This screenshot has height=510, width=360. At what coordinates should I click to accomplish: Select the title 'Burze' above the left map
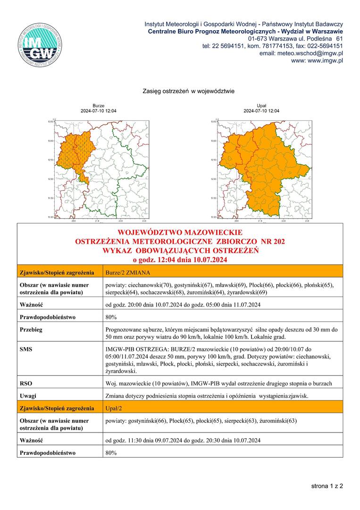(99, 106)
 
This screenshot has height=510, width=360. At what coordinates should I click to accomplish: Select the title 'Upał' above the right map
(261, 106)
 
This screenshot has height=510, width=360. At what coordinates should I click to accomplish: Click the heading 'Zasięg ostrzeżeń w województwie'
(188, 91)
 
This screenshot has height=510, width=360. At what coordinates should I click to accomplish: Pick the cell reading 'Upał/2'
(115, 407)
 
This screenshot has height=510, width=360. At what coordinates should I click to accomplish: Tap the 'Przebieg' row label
(31, 330)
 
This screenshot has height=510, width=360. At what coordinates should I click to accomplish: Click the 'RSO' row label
(26, 383)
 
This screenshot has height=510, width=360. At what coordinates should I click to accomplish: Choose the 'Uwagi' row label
(29, 396)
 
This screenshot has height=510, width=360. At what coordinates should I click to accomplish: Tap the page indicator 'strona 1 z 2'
(327, 485)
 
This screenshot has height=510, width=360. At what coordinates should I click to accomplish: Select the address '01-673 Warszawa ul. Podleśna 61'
(295, 38)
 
